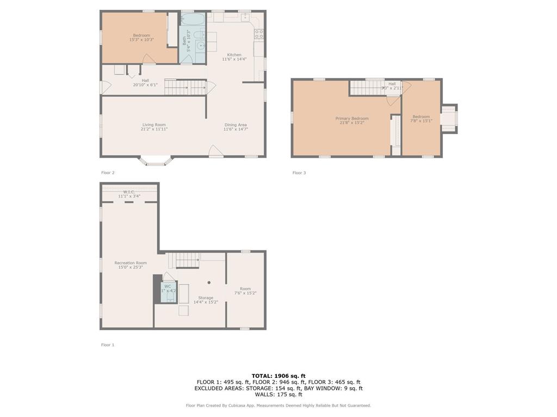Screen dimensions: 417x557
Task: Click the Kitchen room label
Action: (234, 55)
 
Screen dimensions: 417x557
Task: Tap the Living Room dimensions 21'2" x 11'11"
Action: (154, 129)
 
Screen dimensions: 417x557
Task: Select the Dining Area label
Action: (236, 125)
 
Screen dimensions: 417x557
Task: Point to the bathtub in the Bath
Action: (193, 20)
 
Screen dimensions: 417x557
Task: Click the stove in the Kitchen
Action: (259, 34)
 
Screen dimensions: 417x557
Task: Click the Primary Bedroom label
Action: (351, 118)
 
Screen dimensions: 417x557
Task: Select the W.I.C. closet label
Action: (129, 192)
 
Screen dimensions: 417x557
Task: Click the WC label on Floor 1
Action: (168, 286)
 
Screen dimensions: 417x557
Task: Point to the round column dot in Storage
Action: (209, 282)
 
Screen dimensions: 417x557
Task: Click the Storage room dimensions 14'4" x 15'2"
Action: (206, 302)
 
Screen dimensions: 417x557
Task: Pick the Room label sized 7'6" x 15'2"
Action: (245, 289)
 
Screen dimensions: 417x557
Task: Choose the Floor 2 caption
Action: (108, 173)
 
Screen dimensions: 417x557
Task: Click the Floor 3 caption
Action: (299, 173)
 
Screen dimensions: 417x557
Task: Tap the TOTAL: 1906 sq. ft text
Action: (278, 376)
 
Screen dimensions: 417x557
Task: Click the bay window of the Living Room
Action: (156, 161)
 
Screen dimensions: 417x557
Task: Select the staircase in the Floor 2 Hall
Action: (185, 87)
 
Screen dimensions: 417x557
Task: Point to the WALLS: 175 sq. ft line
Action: (278, 395)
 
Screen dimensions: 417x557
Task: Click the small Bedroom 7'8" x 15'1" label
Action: (421, 117)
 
